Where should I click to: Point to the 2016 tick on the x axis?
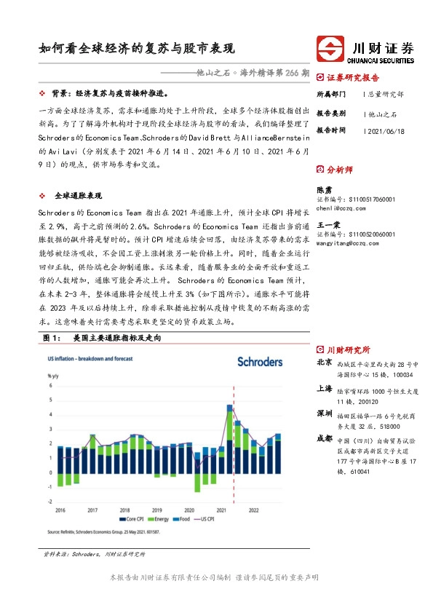click(61, 510)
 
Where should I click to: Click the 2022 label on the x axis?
click(253, 510)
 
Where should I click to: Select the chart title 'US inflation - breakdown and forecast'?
click(90, 360)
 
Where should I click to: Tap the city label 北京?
click(325, 363)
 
